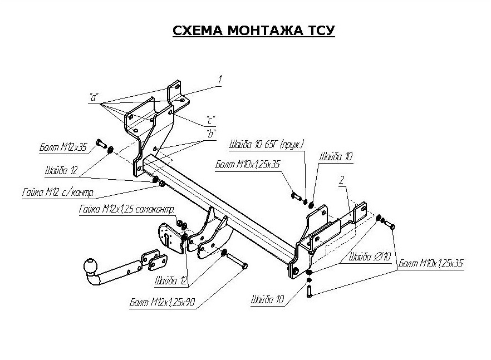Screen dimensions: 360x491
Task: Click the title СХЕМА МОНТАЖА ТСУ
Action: click(x=253, y=31)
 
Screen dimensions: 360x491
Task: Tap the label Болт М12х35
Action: click(x=64, y=147)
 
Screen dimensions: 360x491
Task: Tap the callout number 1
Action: click(x=220, y=81)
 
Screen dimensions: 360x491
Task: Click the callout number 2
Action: click(x=341, y=181)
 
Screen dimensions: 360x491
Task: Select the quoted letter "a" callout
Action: click(x=94, y=97)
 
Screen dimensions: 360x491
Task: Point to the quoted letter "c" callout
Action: click(x=210, y=120)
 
